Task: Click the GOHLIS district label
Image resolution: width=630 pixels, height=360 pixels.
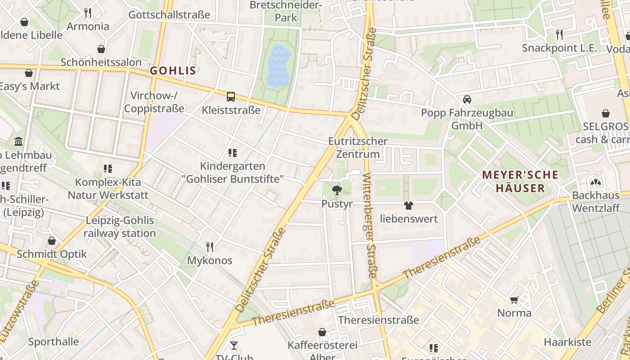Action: [x=173, y=71]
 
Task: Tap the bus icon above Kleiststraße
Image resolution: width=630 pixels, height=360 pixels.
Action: [x=231, y=96]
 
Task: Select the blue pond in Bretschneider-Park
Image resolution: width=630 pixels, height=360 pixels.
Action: [x=279, y=67]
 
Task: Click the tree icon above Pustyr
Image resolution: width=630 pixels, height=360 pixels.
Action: [x=336, y=190]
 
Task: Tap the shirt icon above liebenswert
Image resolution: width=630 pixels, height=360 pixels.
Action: [x=409, y=206]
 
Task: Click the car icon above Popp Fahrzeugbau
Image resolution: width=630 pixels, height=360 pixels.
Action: [x=467, y=99]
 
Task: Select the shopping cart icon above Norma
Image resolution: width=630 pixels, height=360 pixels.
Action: [x=514, y=300]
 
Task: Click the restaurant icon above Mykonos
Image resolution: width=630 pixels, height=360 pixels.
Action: [x=210, y=247]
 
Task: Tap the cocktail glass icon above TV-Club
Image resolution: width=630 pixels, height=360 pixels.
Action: [x=234, y=346]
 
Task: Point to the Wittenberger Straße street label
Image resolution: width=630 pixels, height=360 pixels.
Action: [x=370, y=225]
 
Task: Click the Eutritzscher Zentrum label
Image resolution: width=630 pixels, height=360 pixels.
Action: [x=358, y=148]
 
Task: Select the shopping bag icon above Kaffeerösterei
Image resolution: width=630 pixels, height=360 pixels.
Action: [x=322, y=332]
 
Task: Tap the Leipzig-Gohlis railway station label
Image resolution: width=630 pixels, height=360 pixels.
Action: [x=119, y=227]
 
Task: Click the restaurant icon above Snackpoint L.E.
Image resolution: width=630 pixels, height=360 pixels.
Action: [x=559, y=34]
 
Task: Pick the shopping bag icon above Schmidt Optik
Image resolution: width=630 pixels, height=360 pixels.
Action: [x=52, y=241]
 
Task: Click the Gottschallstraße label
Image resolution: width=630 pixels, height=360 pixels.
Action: [x=169, y=15]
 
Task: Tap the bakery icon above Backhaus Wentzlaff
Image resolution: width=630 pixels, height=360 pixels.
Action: [x=596, y=182]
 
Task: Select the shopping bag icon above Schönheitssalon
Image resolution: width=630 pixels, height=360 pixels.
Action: [x=101, y=49]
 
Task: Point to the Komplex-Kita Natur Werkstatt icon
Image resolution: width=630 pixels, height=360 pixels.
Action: [x=108, y=169]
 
